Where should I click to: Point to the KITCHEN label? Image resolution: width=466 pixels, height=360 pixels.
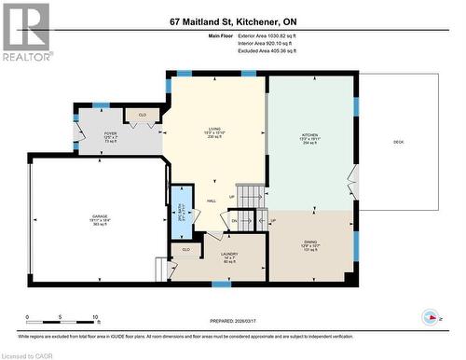(309, 136)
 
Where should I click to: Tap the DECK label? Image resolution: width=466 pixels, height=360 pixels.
(398, 141)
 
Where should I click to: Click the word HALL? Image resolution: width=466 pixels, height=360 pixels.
(212, 201)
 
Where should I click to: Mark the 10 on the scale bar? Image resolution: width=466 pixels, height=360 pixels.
(96, 317)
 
